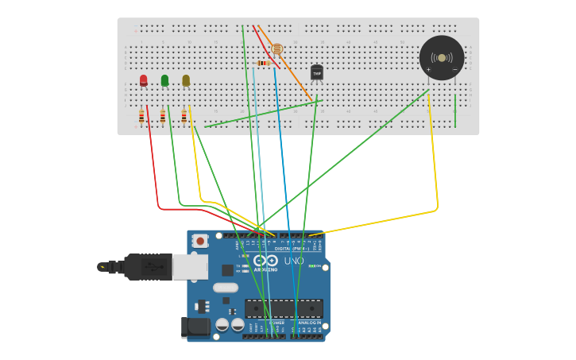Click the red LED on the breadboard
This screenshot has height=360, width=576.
(x=143, y=79)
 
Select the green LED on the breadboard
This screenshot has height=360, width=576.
(x=164, y=80)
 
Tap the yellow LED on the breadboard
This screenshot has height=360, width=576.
(x=186, y=80)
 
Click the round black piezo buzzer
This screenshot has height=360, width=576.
(x=441, y=58)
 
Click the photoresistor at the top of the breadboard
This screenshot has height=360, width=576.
(x=276, y=49)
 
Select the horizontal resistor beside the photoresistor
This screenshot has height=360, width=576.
(x=264, y=64)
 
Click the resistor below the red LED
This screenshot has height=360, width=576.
(x=141, y=117)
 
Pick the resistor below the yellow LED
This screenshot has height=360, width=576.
(x=184, y=117)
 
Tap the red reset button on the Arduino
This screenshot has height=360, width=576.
(x=200, y=241)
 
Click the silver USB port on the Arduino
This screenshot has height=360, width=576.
(x=191, y=267)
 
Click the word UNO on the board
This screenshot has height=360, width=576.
(x=294, y=261)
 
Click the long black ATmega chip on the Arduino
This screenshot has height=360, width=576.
(x=283, y=308)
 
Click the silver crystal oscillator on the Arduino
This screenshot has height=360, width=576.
(x=225, y=288)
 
